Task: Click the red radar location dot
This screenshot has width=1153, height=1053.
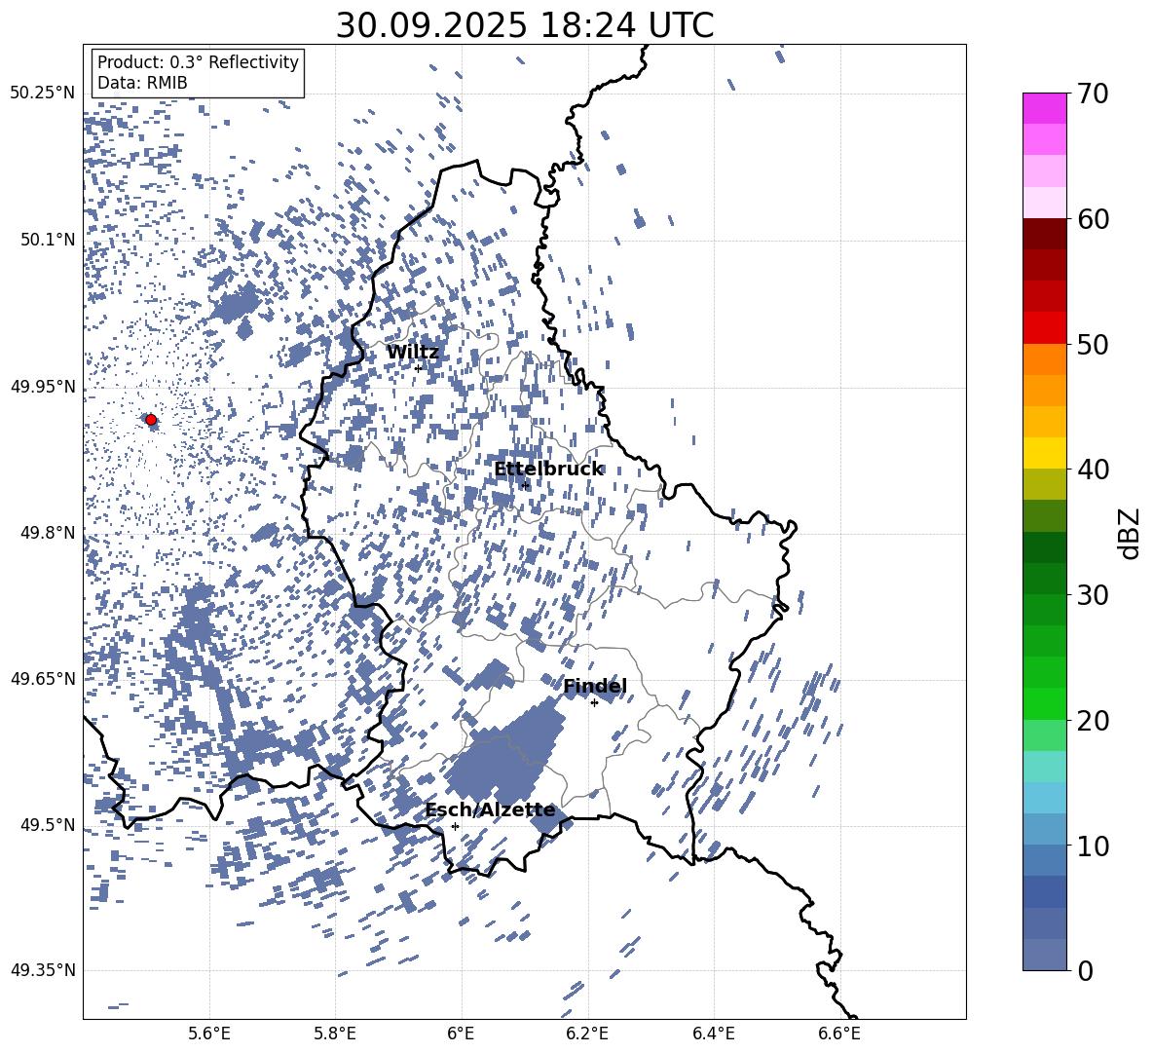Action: point(151,420)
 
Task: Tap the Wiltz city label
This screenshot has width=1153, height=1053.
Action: point(413,353)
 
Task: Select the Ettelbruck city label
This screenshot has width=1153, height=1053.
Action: point(548,470)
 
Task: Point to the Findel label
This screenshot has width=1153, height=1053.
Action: point(595,687)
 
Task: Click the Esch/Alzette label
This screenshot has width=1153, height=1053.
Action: point(490,810)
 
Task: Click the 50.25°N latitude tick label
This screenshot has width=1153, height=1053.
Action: point(42,94)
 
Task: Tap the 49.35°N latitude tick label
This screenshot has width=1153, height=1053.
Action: point(42,970)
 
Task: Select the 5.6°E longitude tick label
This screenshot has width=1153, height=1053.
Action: point(209,1033)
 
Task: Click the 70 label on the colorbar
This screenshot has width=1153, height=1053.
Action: point(1093,94)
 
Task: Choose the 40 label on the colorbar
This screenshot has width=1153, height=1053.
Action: point(1093,470)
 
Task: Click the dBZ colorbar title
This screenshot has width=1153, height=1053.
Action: point(1129,534)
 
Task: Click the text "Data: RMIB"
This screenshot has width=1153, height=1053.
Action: point(142,84)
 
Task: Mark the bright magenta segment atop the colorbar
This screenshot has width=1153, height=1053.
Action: point(1045,108)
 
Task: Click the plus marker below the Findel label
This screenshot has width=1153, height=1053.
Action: point(594,702)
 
